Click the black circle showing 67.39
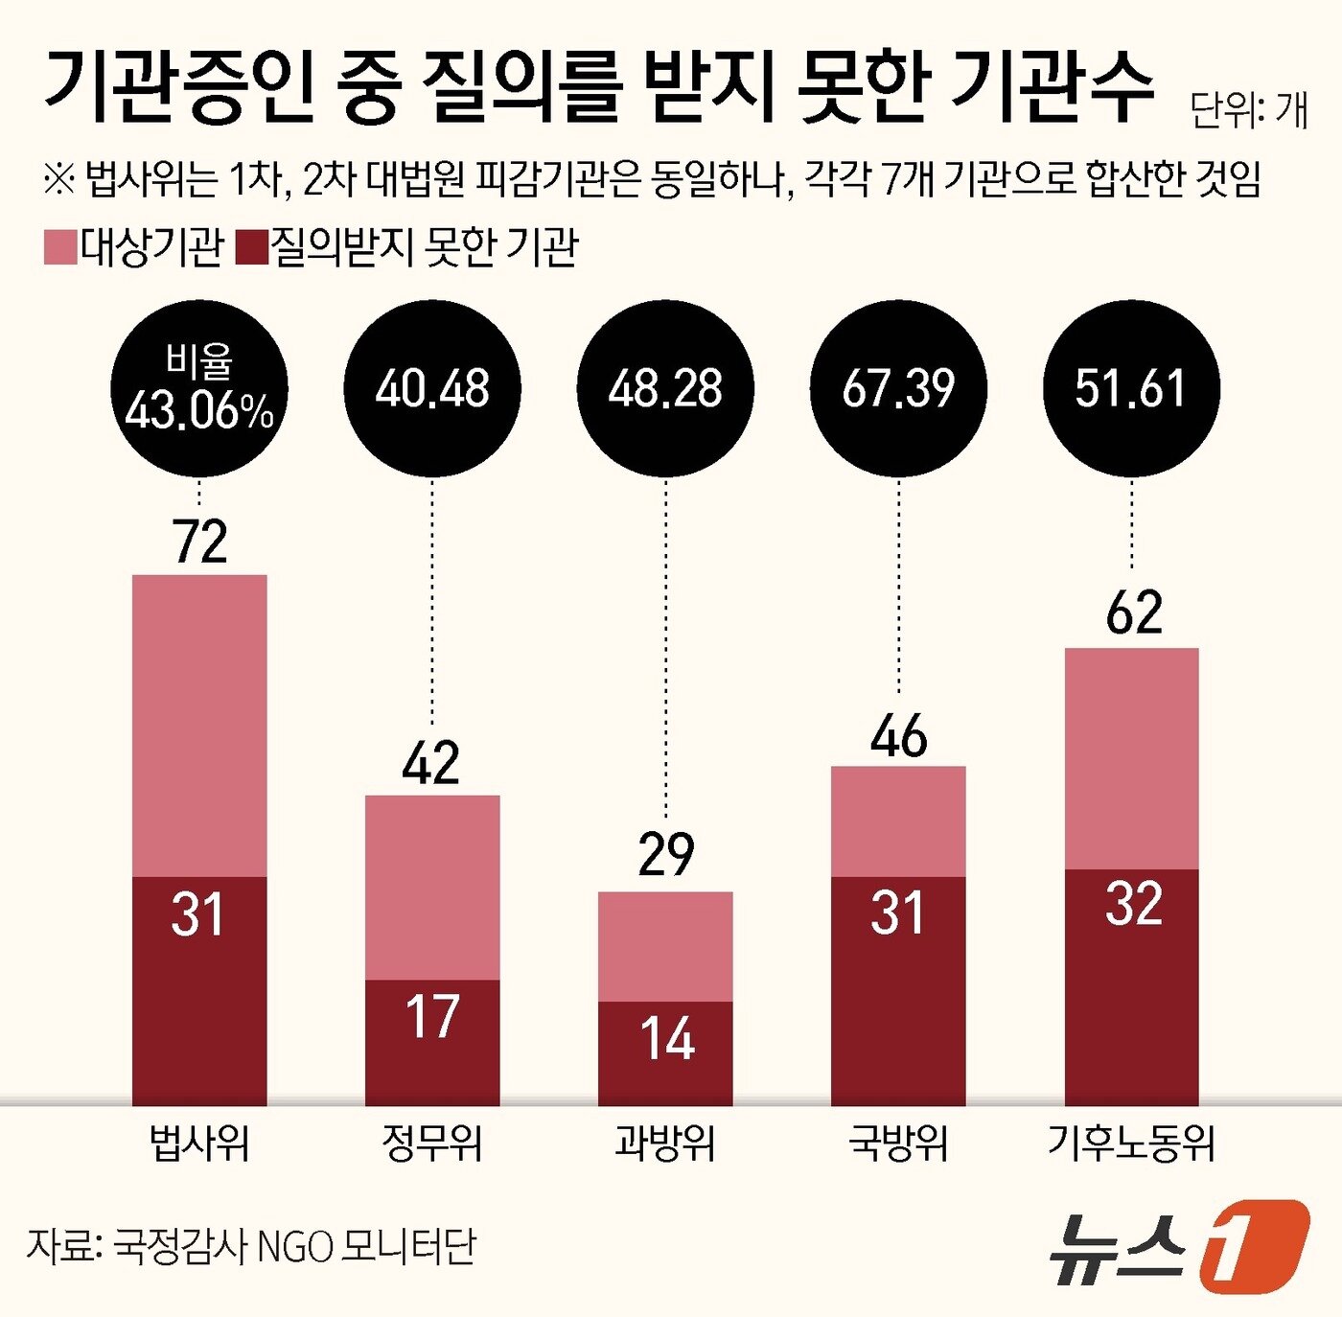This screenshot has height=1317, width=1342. point(898,388)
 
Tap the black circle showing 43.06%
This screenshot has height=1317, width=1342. point(199,388)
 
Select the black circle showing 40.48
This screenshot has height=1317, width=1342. point(432,388)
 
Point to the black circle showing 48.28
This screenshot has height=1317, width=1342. point(665,388)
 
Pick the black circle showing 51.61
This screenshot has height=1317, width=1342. point(1131,388)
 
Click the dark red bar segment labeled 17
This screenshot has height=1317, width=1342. point(432,1042)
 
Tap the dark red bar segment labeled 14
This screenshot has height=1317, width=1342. point(665,1052)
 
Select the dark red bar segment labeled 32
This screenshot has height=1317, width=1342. point(1131,987)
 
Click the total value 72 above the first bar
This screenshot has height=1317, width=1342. point(199,542)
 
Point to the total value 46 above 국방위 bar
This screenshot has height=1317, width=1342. point(898,736)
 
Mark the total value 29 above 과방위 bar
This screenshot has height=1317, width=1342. point(665,854)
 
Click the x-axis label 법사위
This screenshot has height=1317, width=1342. point(199,1143)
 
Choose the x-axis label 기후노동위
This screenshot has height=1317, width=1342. point(1131,1143)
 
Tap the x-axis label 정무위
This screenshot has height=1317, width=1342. point(432,1143)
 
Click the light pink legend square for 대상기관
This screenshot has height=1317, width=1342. point(59,247)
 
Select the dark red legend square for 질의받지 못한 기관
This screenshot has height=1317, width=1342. point(251,247)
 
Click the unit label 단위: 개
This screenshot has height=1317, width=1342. point(1248,111)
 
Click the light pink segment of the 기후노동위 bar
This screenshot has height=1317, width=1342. point(1131,758)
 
